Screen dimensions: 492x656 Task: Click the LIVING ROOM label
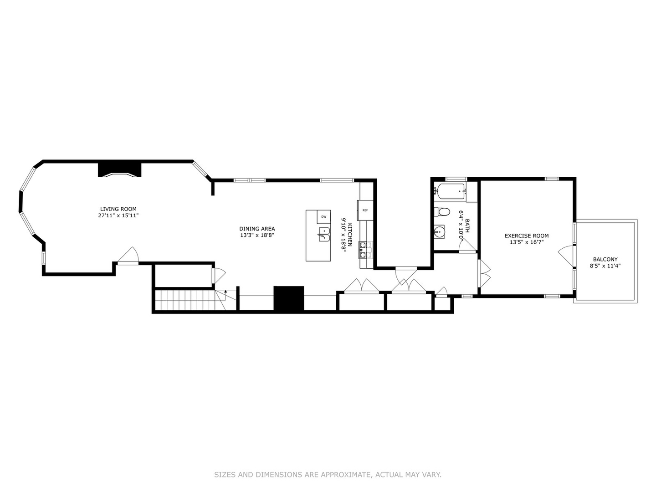coord(118,209)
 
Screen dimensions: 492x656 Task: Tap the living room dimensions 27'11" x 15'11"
coord(118,215)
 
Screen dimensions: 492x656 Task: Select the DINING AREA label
coord(257,229)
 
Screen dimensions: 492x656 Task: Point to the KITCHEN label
coord(350,235)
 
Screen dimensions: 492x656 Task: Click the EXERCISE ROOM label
coord(526,236)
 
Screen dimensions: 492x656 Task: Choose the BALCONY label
coord(605,259)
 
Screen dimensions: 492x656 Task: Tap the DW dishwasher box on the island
coord(324,216)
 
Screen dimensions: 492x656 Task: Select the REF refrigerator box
coord(365,210)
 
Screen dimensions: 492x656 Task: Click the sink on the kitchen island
coord(323,234)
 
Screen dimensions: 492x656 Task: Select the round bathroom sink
coord(439,232)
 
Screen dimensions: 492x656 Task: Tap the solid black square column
coord(288,298)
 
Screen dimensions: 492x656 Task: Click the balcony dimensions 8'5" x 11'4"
coord(605,266)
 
